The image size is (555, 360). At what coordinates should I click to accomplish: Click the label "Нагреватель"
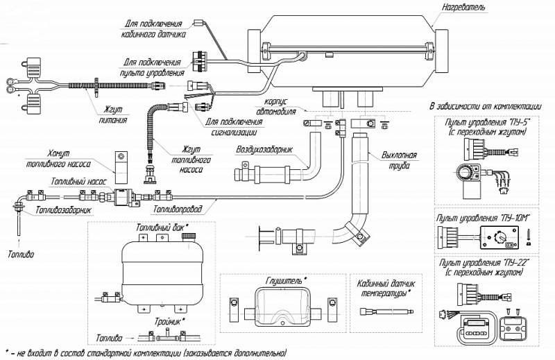[x=463, y=7]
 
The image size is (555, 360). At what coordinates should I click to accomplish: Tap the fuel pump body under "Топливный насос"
[x=123, y=195]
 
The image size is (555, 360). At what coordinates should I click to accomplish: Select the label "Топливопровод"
[x=178, y=209]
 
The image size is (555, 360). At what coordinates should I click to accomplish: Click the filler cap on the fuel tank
[x=188, y=237]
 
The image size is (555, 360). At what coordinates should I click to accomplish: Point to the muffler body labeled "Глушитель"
[x=282, y=307]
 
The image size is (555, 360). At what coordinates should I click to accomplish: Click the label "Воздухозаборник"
[x=264, y=150]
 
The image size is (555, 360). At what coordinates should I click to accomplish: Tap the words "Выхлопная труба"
[x=399, y=160]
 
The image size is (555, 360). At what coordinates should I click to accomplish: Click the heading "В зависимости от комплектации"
[x=485, y=106]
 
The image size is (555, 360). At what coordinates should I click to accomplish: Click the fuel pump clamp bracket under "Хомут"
[x=121, y=162]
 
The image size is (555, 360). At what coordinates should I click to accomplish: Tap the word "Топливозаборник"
[x=63, y=210]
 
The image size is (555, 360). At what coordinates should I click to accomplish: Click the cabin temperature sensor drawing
[x=386, y=311]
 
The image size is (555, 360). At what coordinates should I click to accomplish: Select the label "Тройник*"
[x=169, y=321]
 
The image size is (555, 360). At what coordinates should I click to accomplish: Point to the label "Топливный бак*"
[x=162, y=228]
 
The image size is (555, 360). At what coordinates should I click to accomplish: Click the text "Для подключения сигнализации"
[x=234, y=127]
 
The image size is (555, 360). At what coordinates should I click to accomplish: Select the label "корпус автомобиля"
[x=275, y=107]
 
